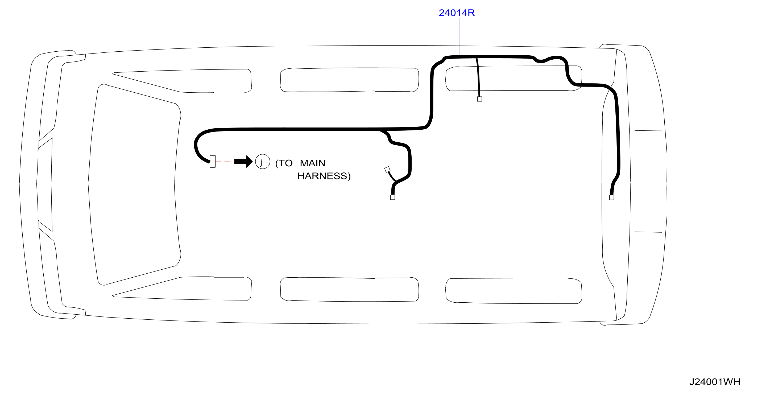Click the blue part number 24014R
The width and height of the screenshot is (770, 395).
457,13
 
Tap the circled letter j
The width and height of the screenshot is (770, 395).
262,162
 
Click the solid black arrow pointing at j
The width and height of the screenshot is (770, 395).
243,162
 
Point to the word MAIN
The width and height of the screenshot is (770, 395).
312,163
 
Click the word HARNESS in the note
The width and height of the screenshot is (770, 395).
322,176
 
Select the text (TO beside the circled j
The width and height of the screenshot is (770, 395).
284,163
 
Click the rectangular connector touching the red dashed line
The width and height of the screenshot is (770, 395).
213,162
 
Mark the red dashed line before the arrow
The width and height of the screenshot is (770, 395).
225,162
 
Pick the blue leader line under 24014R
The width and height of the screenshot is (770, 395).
460,37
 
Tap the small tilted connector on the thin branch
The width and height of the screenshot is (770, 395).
387,170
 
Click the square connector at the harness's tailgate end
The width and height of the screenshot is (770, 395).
612,197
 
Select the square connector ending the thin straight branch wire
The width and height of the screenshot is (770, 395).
479,99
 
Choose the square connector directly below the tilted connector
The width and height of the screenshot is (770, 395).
392,197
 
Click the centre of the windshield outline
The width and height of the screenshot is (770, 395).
135,184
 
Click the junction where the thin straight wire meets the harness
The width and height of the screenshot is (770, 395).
477,57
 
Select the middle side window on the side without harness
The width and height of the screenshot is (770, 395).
349,289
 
